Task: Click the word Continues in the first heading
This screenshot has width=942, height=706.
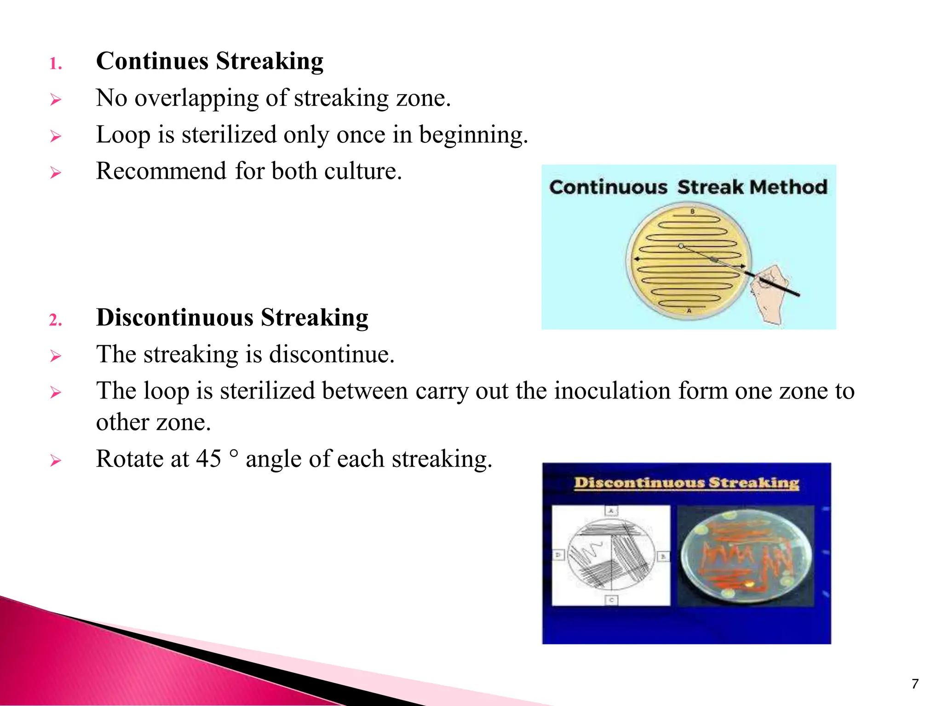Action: [152, 61]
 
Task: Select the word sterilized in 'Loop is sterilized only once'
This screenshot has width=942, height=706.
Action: [229, 135]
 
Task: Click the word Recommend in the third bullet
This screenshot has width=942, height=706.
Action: [161, 171]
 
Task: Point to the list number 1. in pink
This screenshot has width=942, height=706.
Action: [56, 64]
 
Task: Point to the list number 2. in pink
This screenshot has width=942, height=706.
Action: [56, 320]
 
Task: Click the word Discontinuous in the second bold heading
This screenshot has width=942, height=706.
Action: [175, 318]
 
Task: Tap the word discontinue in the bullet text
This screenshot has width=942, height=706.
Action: [331, 354]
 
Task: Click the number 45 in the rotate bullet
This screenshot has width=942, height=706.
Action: [208, 459]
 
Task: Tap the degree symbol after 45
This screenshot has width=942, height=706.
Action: [234, 453]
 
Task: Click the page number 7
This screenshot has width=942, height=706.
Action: [915, 683]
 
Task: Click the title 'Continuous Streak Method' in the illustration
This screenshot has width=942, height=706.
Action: [688, 187]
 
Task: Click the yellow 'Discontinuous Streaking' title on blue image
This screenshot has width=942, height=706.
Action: [686, 483]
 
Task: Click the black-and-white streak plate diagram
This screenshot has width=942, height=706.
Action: [611, 555]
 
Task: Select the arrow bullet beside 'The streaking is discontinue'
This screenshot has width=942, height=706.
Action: [56, 356]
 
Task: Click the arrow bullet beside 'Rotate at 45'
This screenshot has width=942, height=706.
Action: [56, 461]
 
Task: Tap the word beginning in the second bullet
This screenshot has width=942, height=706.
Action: [473, 135]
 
